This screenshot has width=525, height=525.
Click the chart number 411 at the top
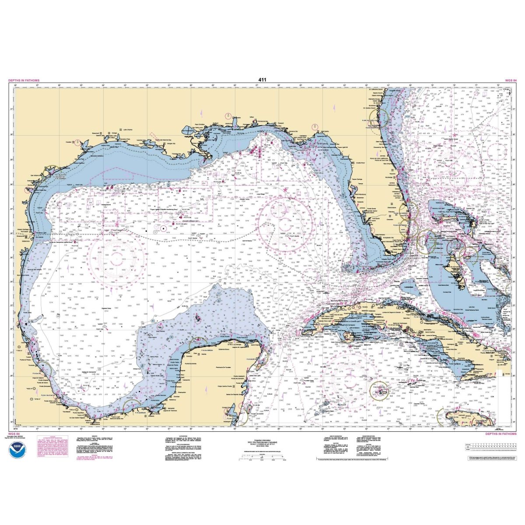(262, 80)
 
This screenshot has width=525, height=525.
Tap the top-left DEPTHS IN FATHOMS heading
(24, 80)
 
